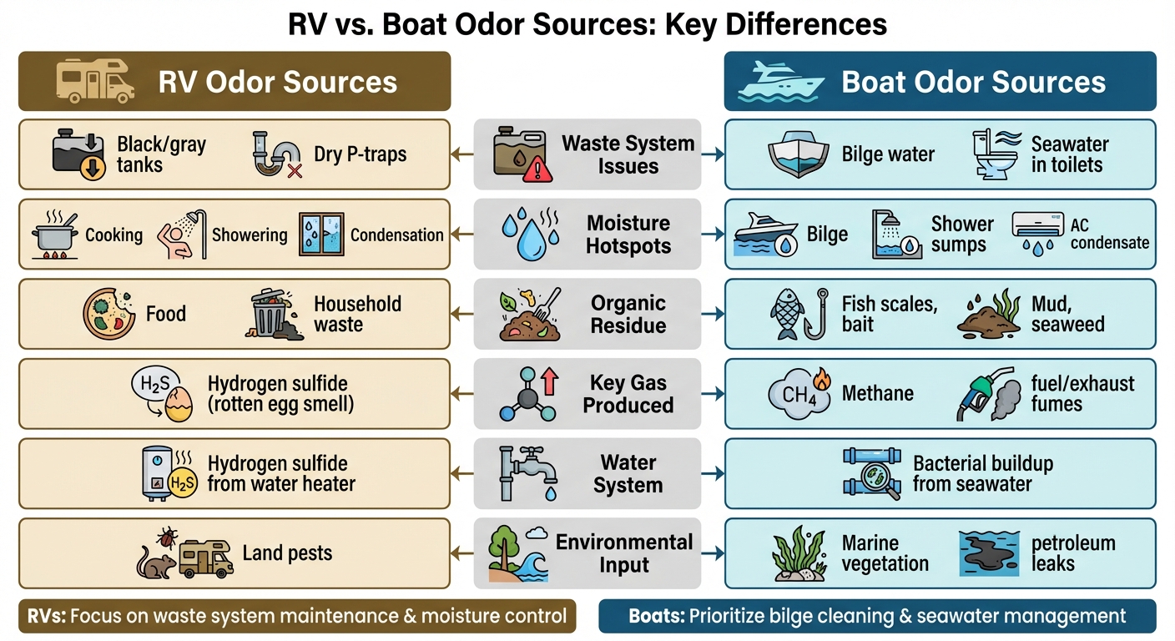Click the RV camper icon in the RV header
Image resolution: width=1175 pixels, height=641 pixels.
(x=95, y=81)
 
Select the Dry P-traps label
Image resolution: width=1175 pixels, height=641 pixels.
(x=361, y=154)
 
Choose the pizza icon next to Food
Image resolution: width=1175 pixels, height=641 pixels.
(x=108, y=314)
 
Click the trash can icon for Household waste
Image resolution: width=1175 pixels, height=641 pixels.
(x=275, y=314)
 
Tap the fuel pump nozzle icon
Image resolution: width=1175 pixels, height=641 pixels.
(x=986, y=395)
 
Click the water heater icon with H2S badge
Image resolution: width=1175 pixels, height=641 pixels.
(x=168, y=473)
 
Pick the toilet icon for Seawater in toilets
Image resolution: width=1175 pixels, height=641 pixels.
(x=995, y=154)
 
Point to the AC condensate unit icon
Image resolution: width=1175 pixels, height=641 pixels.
(x=1037, y=234)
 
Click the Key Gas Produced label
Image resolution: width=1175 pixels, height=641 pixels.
(x=628, y=394)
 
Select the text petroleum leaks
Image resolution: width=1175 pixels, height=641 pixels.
(x=1073, y=553)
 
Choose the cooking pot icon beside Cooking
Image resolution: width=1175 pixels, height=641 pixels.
(x=55, y=235)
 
